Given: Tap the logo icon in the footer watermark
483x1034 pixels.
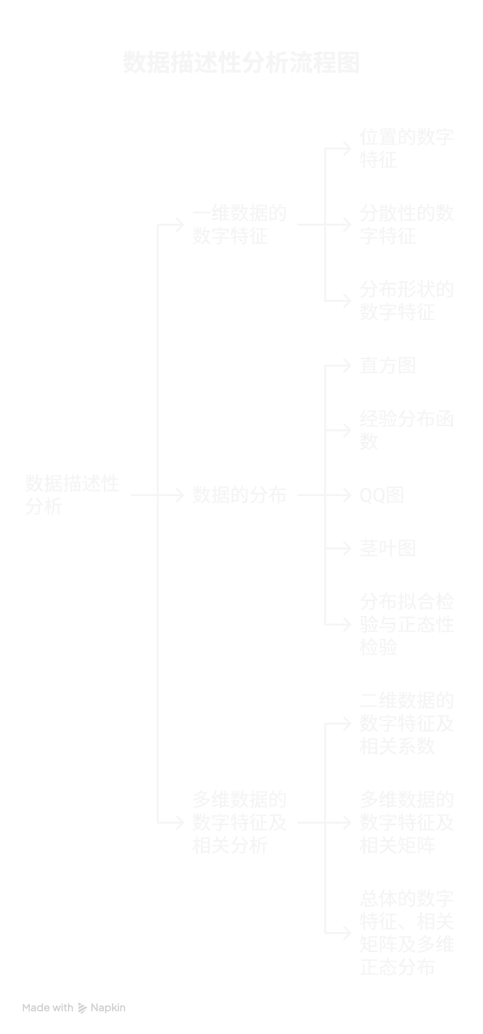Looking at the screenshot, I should pos(82,1008).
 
